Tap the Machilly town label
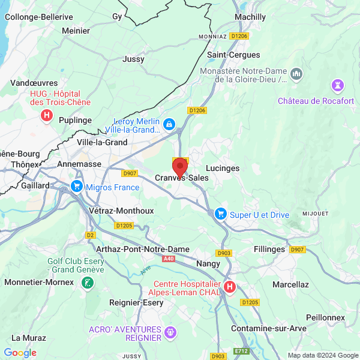click(x=250, y=17)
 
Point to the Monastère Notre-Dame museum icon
click(x=296, y=74)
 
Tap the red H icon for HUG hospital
click(x=46, y=114)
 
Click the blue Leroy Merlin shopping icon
click(x=169, y=124)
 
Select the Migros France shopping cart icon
click(x=76, y=187)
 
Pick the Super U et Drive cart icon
click(x=220, y=214)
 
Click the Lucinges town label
click(x=222, y=169)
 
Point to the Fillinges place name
click(x=269, y=249)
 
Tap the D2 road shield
click(x=91, y=235)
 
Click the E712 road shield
click(x=242, y=350)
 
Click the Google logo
click(x=20, y=353)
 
